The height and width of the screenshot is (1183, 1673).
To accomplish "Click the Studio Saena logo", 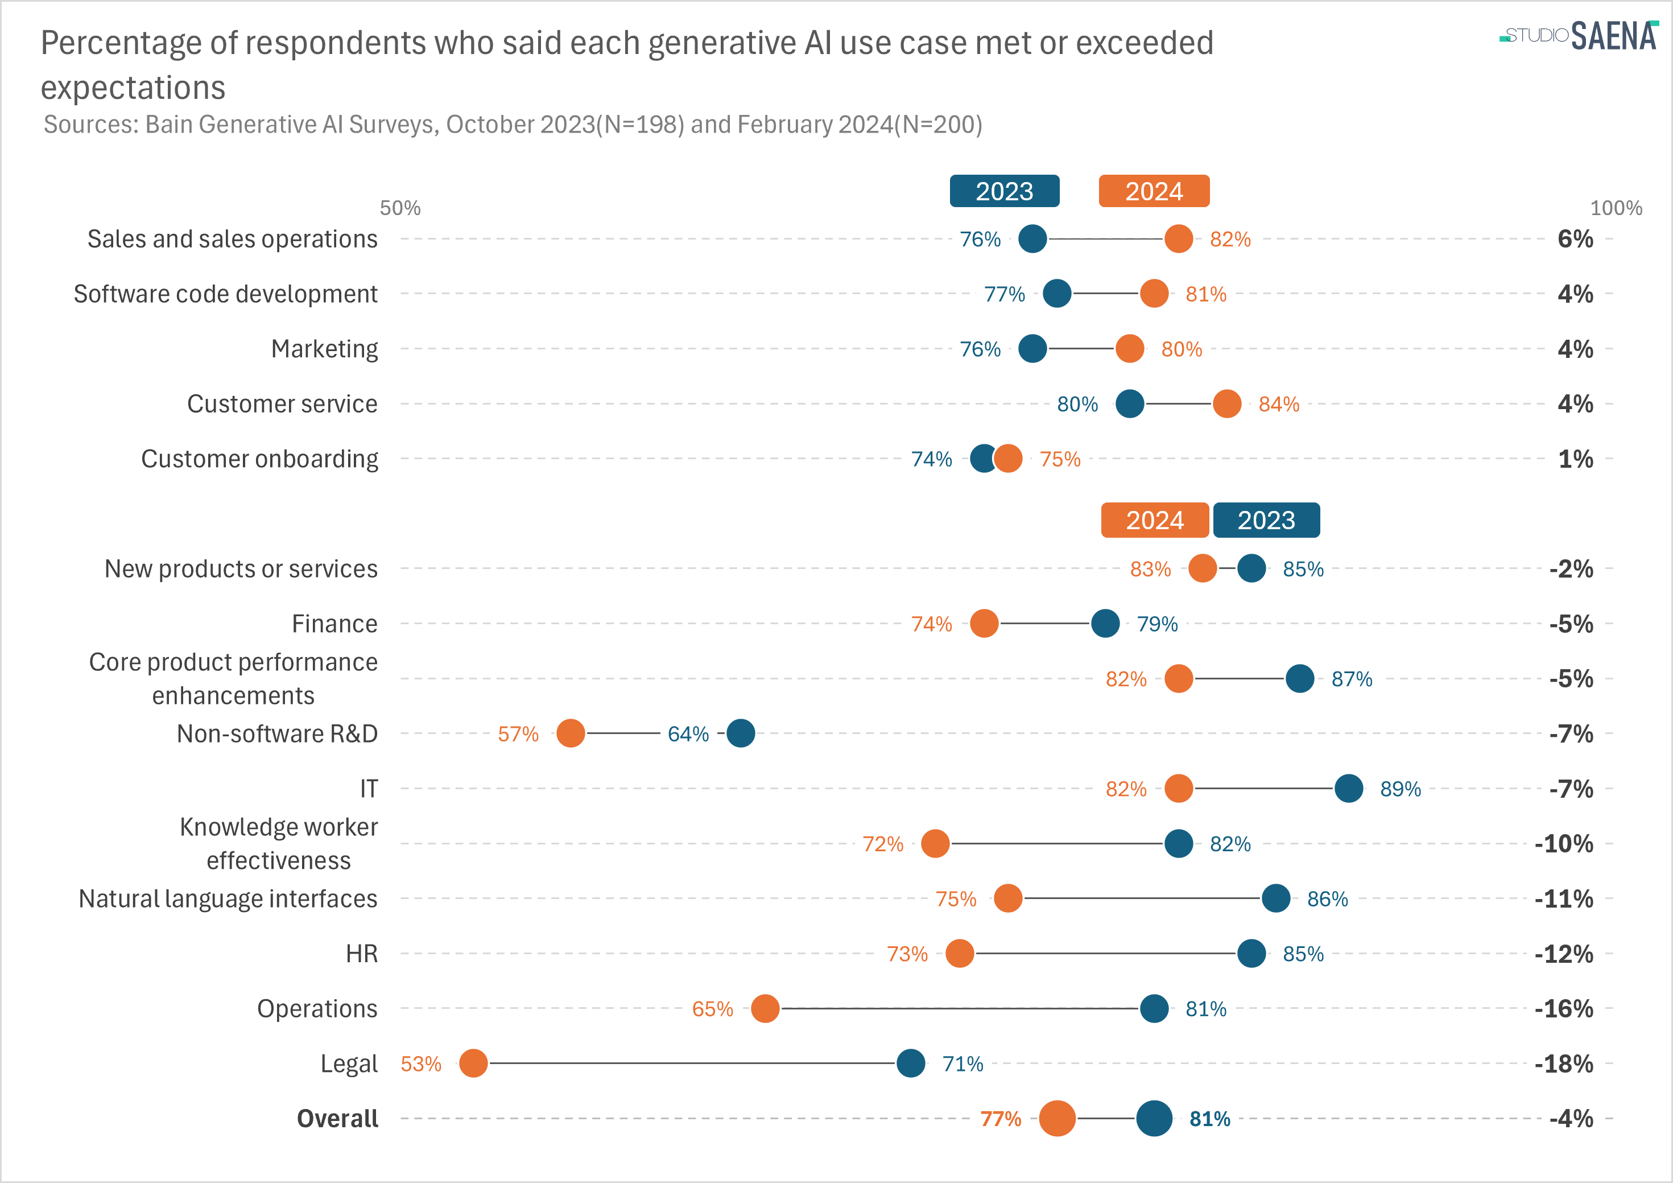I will (x=1578, y=35).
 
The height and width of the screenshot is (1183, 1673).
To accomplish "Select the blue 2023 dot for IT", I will (x=1349, y=789).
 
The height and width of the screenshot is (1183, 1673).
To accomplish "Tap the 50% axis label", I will (x=400, y=208).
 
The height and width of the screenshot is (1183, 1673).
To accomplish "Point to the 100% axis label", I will (x=1616, y=208).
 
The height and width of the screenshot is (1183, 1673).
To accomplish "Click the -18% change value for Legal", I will (x=1564, y=1064).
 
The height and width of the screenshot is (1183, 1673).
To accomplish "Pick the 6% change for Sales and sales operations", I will (x=1575, y=239).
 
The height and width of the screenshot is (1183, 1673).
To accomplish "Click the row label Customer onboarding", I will (x=259, y=459).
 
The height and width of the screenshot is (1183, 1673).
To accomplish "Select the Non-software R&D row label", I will (x=277, y=734).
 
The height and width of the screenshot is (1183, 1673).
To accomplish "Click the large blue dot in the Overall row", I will (x=1154, y=1119).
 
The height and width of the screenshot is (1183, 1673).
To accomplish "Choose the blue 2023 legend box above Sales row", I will (x=1004, y=191).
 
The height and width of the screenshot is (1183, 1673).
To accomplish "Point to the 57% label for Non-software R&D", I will (x=518, y=734).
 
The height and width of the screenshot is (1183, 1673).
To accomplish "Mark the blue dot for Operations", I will (x=1154, y=1009).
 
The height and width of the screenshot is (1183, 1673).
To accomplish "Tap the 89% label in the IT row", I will (x=1400, y=789).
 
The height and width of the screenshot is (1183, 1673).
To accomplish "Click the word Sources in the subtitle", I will (x=91, y=125).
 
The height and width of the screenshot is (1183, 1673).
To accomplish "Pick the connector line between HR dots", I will (x=1105, y=953).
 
